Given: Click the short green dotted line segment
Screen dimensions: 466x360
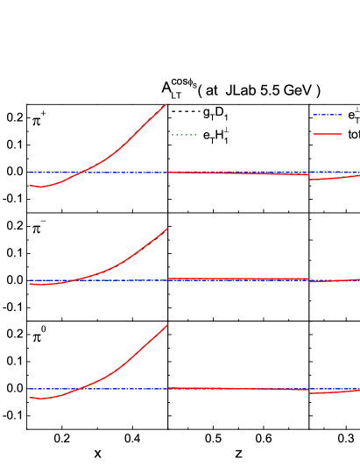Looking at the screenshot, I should [184, 135].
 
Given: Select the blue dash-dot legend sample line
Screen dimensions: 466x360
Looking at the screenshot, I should [327, 115].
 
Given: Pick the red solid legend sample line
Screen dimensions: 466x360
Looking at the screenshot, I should [327, 134].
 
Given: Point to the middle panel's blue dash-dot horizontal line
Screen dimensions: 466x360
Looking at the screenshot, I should [236, 280].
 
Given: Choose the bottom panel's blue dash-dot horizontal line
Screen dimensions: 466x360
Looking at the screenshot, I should [263, 389].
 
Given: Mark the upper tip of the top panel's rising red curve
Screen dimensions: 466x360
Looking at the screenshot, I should [166, 105].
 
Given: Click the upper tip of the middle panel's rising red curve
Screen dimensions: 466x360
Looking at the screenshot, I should [167, 229].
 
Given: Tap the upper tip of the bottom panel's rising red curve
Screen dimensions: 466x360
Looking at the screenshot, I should [167, 325].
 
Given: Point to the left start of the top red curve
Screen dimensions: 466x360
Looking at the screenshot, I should [30, 186].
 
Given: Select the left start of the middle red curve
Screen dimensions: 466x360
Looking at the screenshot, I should [30, 284].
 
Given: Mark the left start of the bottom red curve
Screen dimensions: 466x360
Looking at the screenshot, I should [30, 398].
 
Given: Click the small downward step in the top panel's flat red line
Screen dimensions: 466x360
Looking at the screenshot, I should [308, 177].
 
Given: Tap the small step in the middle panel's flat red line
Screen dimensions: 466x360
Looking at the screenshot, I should [309, 280].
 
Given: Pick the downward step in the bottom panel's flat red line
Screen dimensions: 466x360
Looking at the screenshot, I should [309, 392].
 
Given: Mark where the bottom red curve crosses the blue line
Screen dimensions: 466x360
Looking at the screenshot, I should [76, 389].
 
